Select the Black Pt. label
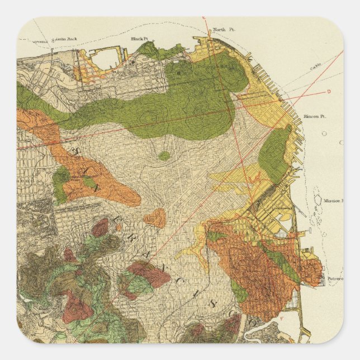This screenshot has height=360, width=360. pos(138,39)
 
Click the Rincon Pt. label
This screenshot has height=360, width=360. pos(314,117)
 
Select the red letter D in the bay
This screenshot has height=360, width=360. pos(329,90)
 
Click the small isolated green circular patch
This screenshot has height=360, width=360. pos(163,156)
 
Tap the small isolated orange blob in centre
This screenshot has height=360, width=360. pos(155,217)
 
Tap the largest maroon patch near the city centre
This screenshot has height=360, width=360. pos(147,273)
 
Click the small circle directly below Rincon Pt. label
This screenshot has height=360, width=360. pos(340,142)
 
